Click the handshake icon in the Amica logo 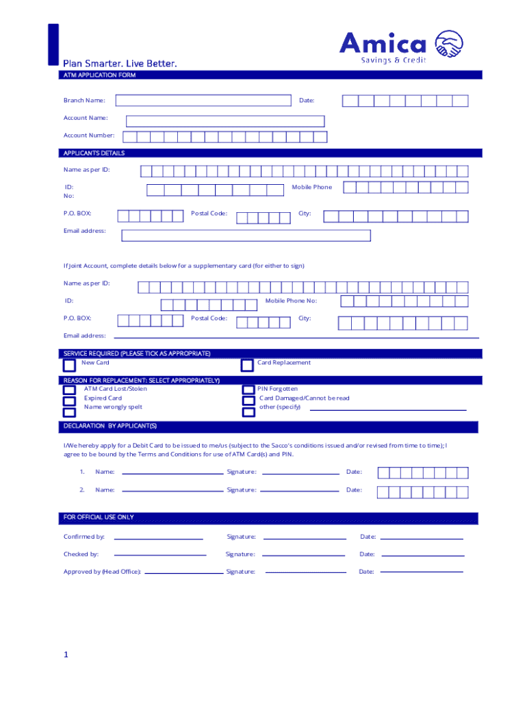pyautogui.click(x=449, y=45)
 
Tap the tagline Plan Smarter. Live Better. pyautogui.click(x=120, y=64)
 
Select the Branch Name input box pyautogui.click(x=203, y=101)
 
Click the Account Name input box pyautogui.click(x=224, y=121)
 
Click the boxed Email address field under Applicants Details pyautogui.click(x=246, y=235)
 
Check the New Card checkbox pyautogui.click(x=69, y=366)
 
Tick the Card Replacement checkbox pyautogui.click(x=247, y=366)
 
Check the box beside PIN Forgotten pyautogui.click(x=248, y=390)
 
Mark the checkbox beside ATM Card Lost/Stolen pyautogui.click(x=69, y=391)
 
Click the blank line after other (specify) pyautogui.click(x=388, y=409)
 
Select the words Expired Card pyautogui.click(x=103, y=398)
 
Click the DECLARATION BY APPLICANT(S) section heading pyautogui.click(x=110, y=426)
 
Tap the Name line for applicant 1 pyautogui.click(x=172, y=472)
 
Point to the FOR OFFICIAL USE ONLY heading pyautogui.click(x=99, y=518)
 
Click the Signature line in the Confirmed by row pyautogui.click(x=304, y=538)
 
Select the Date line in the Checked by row pyautogui.click(x=422, y=555)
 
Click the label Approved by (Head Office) pyautogui.click(x=102, y=572)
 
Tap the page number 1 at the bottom pyautogui.click(x=66, y=655)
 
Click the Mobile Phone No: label pyautogui.click(x=291, y=301)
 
